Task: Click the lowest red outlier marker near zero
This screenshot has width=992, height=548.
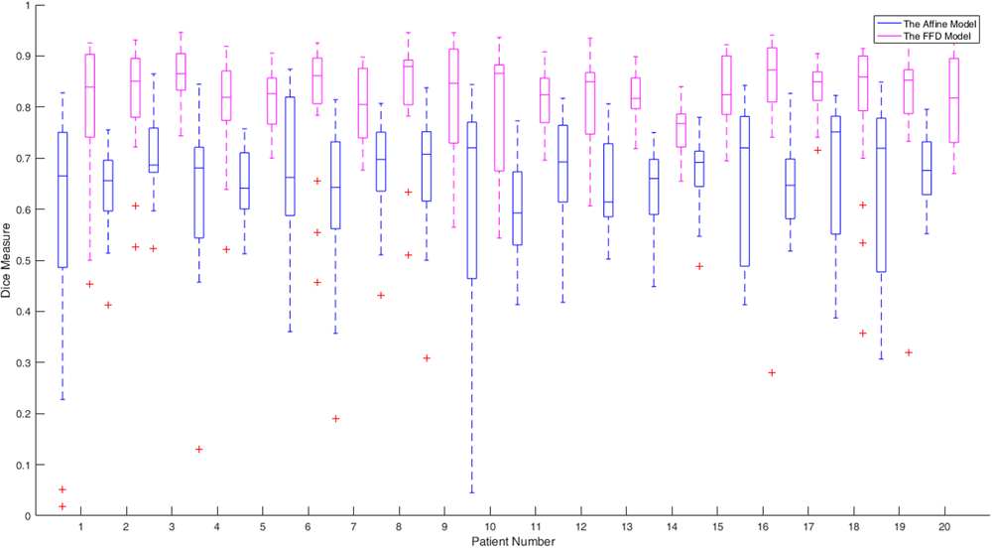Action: coord(62,506)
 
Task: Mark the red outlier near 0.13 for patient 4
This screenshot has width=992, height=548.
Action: coord(199,450)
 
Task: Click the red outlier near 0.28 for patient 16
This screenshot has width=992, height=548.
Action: coord(771,372)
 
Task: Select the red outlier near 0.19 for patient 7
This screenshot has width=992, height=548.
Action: coord(335,419)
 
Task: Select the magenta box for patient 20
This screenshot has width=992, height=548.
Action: coord(954,100)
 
